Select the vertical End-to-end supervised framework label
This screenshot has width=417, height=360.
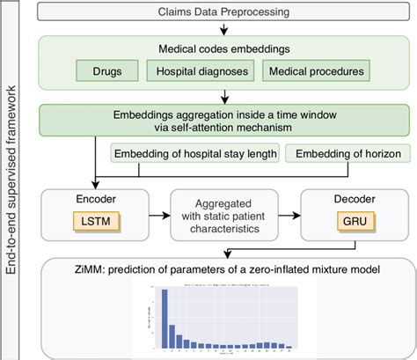[11, 180]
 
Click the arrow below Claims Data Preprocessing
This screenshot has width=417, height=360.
[226, 32]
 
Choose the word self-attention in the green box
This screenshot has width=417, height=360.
[193, 128]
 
